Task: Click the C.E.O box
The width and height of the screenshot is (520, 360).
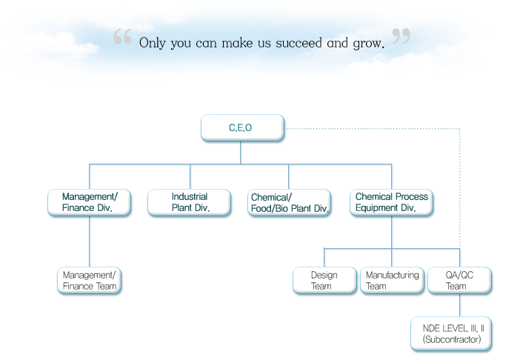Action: point(242,127)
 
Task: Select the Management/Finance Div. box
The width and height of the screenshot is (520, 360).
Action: point(89,202)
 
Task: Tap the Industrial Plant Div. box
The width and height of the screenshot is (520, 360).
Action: point(190,202)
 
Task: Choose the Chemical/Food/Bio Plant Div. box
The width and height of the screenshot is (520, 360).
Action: point(289,202)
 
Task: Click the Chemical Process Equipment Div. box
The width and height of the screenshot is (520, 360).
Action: point(391,202)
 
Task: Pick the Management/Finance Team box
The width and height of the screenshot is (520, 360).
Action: point(89,280)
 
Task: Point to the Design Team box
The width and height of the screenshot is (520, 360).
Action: point(324,280)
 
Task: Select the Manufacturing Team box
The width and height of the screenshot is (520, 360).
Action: point(391,280)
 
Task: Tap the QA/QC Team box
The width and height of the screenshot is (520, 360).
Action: point(459,280)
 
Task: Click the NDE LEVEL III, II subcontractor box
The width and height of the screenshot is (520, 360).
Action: point(452,333)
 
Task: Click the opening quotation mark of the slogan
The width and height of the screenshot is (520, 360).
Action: point(123,37)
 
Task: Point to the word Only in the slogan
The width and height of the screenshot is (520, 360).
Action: point(153,42)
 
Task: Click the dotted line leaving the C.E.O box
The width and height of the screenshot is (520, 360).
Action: point(370,128)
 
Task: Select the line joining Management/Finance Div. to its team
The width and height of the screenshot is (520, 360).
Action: point(90,241)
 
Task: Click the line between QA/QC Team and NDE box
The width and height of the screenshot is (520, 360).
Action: point(459,305)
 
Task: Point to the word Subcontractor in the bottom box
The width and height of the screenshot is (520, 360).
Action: point(452,339)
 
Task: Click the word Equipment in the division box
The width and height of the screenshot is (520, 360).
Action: point(379,208)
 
